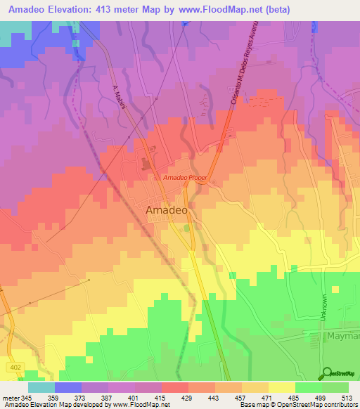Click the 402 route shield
click(15, 368)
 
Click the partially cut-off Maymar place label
click(342, 337)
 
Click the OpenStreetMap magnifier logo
click(328, 373)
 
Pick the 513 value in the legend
click(349, 398)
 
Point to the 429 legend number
click(188, 398)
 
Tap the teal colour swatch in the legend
click(41, 387)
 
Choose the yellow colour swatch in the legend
click(282, 387)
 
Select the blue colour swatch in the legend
click(67, 387)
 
